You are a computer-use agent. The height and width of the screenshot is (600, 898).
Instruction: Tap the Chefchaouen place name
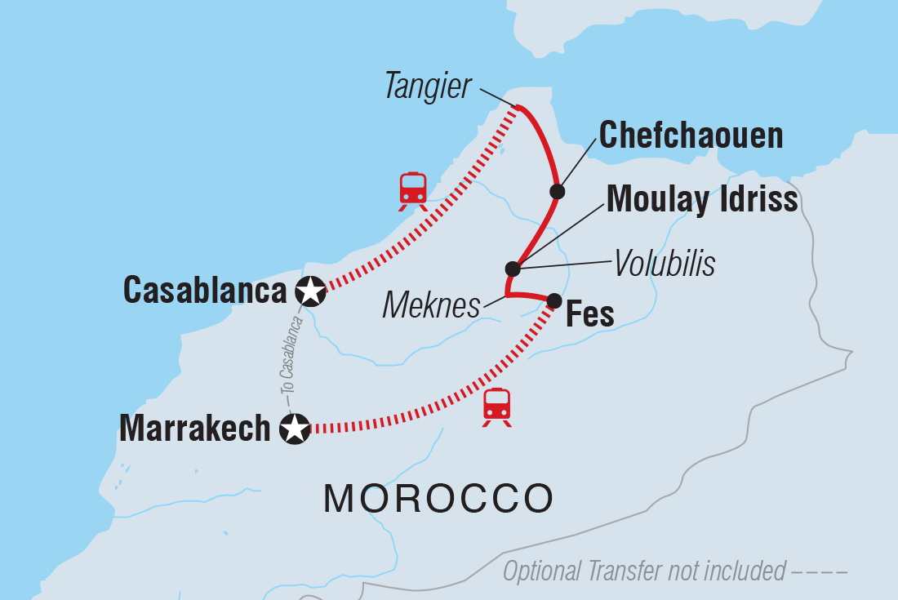click(691, 136)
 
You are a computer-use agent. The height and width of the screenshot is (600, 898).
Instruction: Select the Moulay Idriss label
click(702, 198)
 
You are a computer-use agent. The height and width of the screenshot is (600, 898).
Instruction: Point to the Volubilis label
click(664, 264)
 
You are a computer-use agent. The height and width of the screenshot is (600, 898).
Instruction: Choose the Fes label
click(589, 315)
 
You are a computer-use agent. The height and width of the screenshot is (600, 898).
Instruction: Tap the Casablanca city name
click(205, 290)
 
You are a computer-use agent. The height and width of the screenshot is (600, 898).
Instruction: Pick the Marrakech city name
click(194, 428)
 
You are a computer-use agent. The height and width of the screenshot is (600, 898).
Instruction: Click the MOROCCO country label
click(438, 497)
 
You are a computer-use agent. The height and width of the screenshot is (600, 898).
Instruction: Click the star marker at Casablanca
click(310, 290)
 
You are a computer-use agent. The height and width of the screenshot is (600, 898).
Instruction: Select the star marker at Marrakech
click(295, 428)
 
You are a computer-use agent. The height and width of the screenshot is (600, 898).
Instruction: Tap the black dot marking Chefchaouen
click(557, 192)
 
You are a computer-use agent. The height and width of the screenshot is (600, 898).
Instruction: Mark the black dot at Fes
click(553, 300)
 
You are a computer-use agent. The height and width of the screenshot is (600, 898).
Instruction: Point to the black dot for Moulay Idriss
click(512, 269)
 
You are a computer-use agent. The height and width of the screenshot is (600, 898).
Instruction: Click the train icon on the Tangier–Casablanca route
click(413, 190)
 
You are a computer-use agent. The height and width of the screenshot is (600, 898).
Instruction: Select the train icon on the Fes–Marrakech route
click(496, 407)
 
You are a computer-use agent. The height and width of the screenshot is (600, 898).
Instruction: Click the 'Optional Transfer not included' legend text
click(644, 571)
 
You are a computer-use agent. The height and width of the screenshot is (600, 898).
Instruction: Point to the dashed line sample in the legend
click(820, 571)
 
